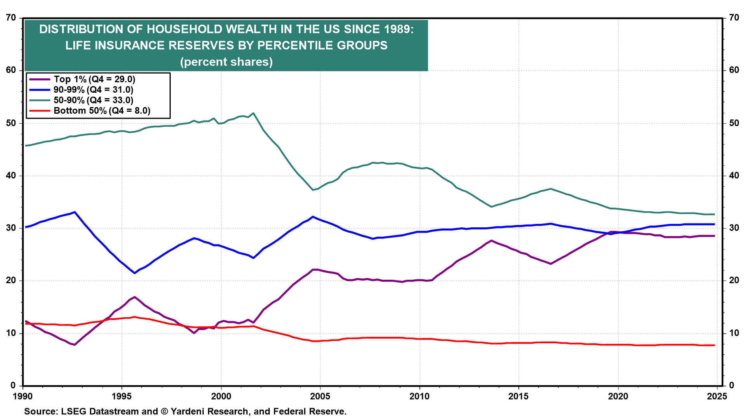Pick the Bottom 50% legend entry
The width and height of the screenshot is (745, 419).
point(90,111)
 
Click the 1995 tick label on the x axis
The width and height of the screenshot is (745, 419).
point(122,396)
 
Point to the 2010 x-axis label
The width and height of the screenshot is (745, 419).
point(419,396)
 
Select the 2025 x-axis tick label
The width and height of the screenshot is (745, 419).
point(717,396)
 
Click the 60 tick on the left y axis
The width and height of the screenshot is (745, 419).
point(11,70)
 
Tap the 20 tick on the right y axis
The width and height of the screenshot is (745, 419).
point(734,280)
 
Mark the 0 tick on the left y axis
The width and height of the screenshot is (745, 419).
point(14,386)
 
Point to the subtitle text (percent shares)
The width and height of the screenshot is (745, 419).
point(226,62)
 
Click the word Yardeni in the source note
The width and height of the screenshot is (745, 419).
point(188,412)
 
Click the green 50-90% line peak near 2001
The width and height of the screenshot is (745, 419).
point(253,113)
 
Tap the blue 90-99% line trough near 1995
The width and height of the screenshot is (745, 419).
point(135,273)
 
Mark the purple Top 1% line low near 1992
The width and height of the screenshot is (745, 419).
point(74,345)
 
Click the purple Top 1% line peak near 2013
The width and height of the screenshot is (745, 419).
point(492,241)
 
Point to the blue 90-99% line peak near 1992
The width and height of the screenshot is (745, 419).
point(74,212)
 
